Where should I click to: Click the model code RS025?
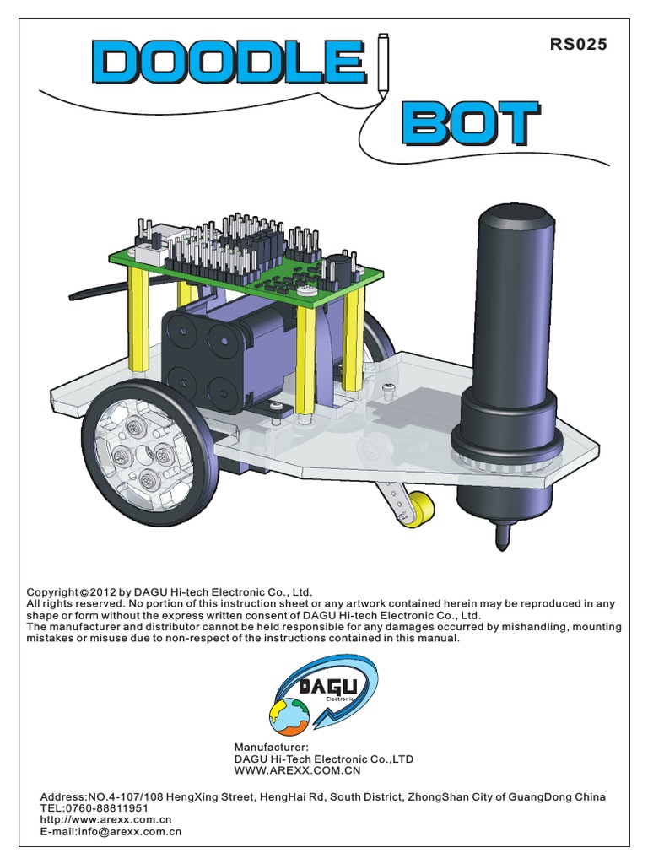(578, 46)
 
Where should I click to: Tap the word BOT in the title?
(469, 125)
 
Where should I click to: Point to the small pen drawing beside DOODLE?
(383, 63)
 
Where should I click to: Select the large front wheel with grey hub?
(150, 452)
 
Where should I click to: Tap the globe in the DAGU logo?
(289, 716)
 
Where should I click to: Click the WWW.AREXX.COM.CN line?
(297, 770)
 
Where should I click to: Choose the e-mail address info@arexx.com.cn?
(127, 831)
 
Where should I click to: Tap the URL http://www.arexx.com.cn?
(105, 819)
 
